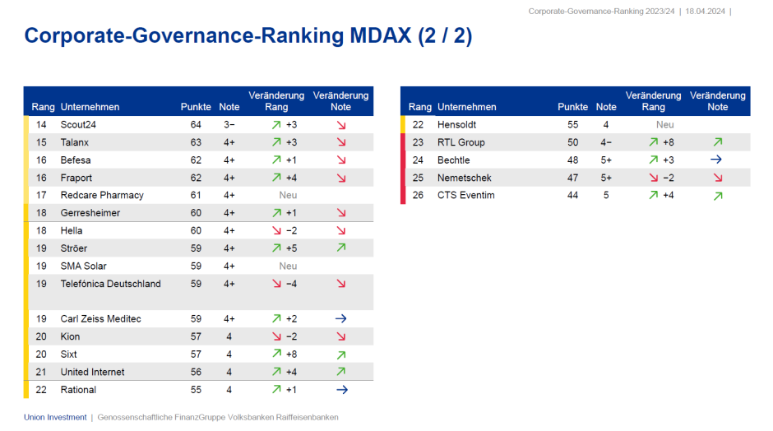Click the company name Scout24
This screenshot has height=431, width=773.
79,125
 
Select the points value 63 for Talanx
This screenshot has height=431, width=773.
196,142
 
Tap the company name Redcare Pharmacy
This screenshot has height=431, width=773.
102,195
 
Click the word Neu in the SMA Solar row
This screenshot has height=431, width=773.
288,266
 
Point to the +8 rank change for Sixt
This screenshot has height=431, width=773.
291,355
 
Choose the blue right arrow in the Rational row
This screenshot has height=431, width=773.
341,390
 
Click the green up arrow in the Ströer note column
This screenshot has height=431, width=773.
340,248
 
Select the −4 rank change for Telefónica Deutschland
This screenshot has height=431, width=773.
291,284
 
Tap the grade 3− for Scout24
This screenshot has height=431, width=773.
229,125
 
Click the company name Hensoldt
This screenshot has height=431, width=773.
457,125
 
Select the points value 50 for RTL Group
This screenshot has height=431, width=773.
572,142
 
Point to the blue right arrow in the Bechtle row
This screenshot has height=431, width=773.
717,160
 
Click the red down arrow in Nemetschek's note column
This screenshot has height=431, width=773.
717,178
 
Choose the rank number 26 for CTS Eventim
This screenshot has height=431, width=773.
419,195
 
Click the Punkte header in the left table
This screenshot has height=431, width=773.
196,107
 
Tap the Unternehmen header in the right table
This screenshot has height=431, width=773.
467,107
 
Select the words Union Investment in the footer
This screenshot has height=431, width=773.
54,417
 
